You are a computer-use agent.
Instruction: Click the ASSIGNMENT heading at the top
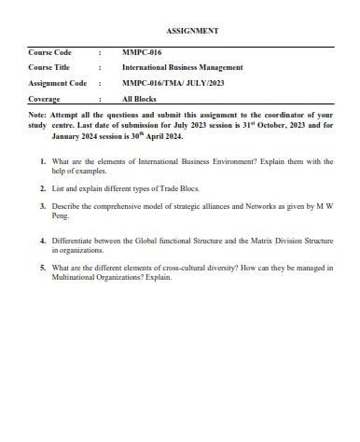(193, 30)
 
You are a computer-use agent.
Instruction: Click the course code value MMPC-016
(142, 52)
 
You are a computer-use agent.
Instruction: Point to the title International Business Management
(183, 67)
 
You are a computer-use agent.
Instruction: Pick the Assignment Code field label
(57, 83)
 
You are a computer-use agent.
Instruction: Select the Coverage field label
(45, 98)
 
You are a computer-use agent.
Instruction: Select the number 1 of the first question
(43, 161)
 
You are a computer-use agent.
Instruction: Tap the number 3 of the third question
(43, 202)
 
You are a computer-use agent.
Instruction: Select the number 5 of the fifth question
(43, 267)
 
